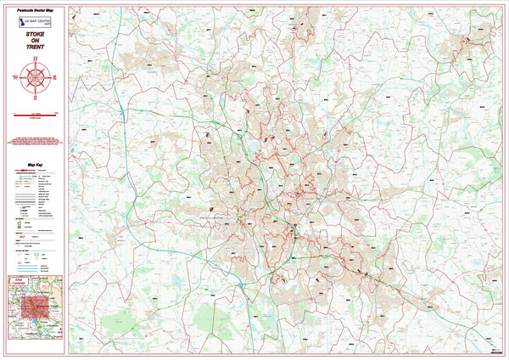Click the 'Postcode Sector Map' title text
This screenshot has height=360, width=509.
point(34,11)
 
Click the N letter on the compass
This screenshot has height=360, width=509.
point(34,58)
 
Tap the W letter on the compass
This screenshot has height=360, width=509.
point(14,76)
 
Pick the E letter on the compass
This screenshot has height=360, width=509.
point(53,76)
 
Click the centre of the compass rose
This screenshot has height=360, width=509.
point(34,76)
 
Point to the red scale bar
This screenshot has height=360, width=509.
point(34,112)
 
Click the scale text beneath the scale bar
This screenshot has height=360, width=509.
point(34,116)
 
